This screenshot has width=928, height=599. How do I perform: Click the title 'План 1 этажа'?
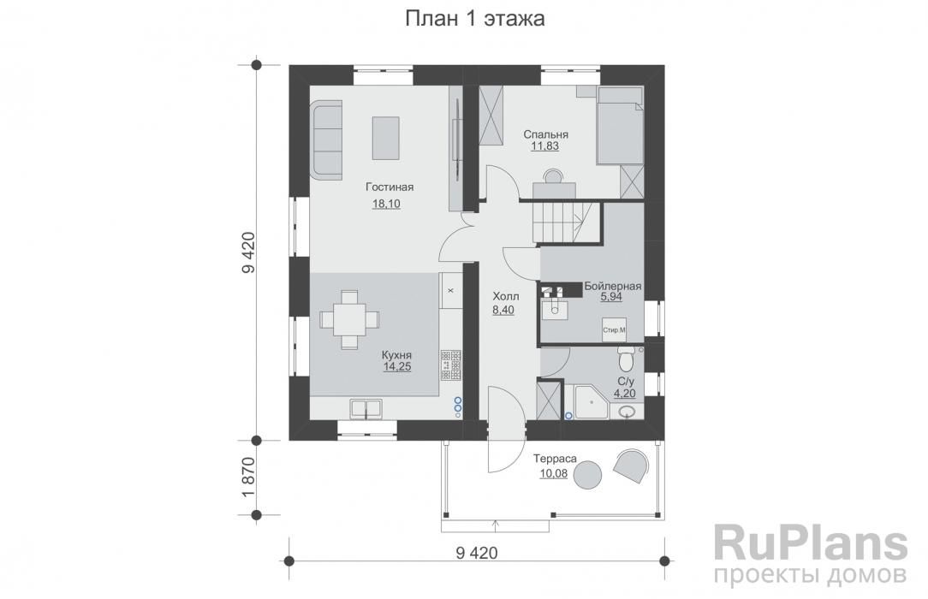pyautogui.click(x=474, y=19)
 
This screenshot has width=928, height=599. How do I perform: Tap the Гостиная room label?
pyautogui.click(x=390, y=187)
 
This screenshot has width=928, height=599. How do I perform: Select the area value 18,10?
pyautogui.click(x=386, y=204)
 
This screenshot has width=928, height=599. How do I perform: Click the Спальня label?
pyautogui.click(x=545, y=135)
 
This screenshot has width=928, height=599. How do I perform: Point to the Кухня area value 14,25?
pyautogui.click(x=396, y=366)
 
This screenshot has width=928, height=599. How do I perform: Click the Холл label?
pyautogui.click(x=505, y=296)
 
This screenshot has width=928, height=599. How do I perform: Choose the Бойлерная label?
pyautogui.click(x=613, y=286)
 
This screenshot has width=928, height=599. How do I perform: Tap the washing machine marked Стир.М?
pyautogui.click(x=614, y=330)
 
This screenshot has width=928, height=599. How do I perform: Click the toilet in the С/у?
pyautogui.click(x=626, y=356)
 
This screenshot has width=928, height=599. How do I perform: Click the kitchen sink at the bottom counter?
pyautogui.click(x=366, y=408)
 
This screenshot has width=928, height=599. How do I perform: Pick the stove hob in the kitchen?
pyautogui.click(x=451, y=365)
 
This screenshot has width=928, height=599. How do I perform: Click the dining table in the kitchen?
pyautogui.click(x=349, y=319)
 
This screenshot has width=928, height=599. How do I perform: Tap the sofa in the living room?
pyautogui.click(x=326, y=139)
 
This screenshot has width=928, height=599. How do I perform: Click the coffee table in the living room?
pyautogui.click(x=385, y=138)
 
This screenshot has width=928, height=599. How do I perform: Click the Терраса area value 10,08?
pyautogui.click(x=553, y=473)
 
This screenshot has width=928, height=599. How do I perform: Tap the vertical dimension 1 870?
pyautogui.click(x=248, y=477)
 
